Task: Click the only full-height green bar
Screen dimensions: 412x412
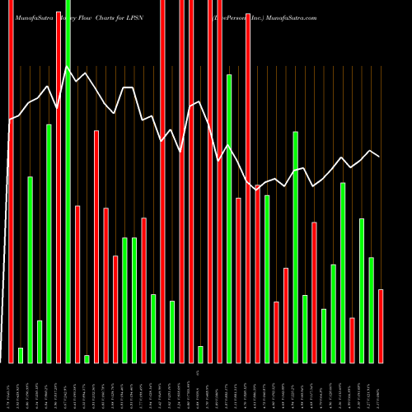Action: (68, 181)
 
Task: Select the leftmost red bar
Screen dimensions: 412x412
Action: (11, 181)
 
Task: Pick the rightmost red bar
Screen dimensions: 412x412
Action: (381, 325)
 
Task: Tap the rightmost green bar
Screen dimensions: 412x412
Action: (371, 310)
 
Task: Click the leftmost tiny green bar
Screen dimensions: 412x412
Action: (21, 355)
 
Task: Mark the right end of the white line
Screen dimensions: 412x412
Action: (380, 157)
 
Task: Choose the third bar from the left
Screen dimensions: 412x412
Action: (30, 269)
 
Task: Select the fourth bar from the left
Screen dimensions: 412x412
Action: (40, 341)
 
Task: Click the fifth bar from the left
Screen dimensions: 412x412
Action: (49, 243)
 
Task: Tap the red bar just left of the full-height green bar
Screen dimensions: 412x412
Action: (59, 181)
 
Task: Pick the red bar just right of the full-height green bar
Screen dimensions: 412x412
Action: (77, 283)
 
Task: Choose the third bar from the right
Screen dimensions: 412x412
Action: (362, 290)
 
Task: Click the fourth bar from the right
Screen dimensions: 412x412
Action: (352, 339)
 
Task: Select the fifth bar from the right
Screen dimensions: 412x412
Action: (343, 273)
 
